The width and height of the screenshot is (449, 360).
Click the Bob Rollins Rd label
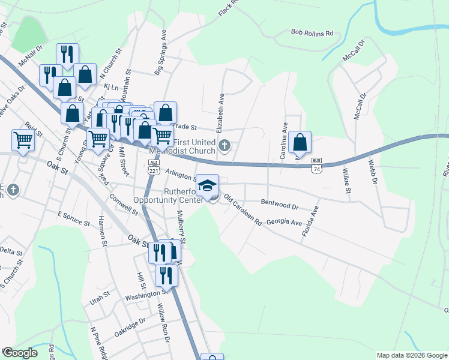coord(312,33)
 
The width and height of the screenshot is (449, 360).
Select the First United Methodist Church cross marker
coord(224,145)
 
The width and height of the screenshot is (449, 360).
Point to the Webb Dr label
coord(373,170)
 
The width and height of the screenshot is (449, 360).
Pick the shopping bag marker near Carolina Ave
coord(300,142)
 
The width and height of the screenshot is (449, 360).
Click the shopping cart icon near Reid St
coord(23,140)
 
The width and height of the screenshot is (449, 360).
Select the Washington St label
coord(145,295)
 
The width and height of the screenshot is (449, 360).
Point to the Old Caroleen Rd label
coord(243,209)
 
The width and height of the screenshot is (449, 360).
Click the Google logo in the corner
coord(19,353)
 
